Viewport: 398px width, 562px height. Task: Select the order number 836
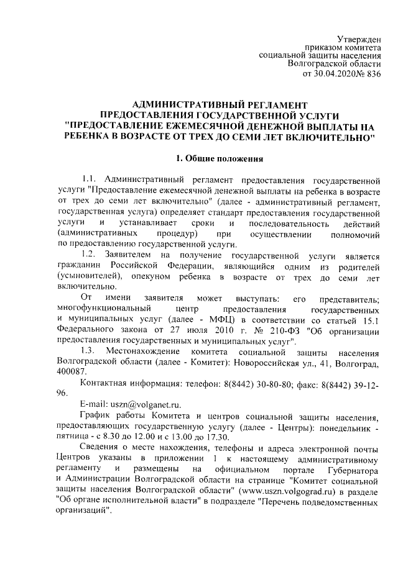[x=371, y=74]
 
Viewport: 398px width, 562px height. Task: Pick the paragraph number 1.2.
[x=92, y=255]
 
